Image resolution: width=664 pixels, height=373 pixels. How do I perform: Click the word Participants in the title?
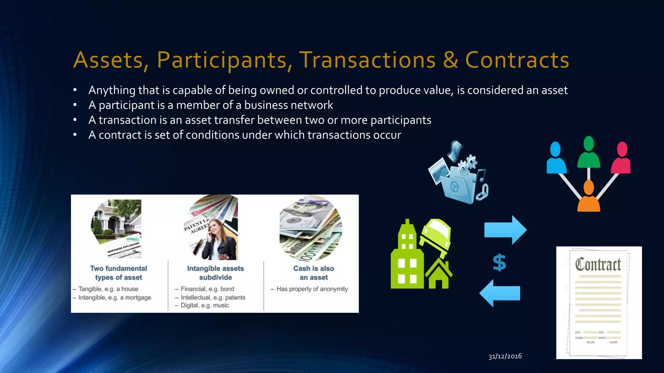click(x=222, y=60)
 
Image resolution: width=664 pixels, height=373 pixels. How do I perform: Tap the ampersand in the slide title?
click(x=450, y=60)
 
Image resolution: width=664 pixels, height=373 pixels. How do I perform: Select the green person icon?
click(x=588, y=152)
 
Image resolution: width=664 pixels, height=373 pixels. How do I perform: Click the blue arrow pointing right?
click(x=505, y=230)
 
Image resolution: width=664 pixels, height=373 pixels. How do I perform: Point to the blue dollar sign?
click(x=499, y=262)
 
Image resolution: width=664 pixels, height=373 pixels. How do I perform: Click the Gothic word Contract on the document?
click(x=598, y=265)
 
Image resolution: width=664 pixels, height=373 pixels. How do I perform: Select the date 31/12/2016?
click(x=505, y=356)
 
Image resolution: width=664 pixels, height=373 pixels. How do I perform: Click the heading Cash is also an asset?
click(x=314, y=273)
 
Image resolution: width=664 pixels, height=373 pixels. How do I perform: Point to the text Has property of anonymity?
click(x=312, y=289)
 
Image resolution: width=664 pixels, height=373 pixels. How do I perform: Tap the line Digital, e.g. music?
click(x=205, y=305)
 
